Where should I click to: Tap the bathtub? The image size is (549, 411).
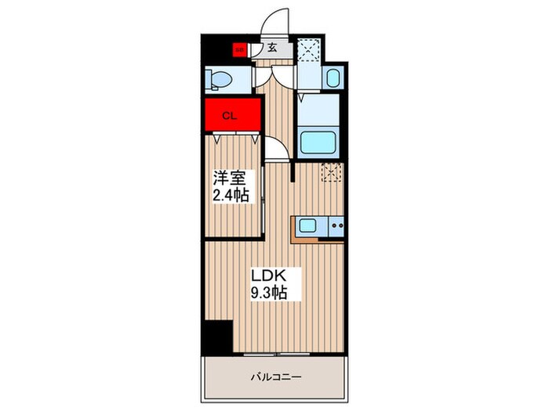coord(319,142)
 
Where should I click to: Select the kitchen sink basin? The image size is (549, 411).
coord(307,227)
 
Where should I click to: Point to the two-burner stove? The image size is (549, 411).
coord(336,227)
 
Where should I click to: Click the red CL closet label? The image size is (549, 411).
coord(231,117)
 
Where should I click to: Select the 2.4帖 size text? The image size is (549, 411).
coord(230,195)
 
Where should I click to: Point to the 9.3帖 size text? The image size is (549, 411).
coord(268,294)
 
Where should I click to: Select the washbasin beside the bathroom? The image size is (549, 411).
coord(332,78)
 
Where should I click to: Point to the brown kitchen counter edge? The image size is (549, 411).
coord(296,229)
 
